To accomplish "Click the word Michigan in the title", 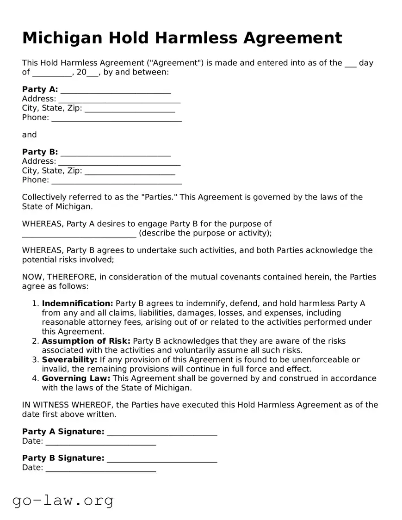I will point(61,38).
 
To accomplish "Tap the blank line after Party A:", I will point(116,90).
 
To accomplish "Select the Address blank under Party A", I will point(119,99).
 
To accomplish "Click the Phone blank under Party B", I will point(117,181).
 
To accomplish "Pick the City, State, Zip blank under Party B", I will point(130,172).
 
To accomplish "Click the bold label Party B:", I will point(40,152).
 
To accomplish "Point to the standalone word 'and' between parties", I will point(29,135).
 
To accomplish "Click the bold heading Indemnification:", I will point(77,303).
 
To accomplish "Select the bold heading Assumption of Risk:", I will point(86,341).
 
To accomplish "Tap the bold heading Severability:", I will point(69,359).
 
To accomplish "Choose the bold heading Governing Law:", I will point(76,378).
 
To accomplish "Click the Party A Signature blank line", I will point(162,433).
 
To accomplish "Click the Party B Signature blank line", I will point(162,459).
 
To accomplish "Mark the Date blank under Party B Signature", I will point(101,469).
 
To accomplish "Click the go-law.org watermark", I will point(63,500).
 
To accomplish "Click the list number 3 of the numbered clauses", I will point(35,359).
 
